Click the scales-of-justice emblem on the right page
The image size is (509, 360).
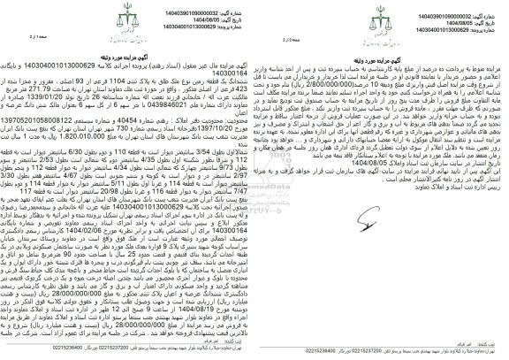click(382, 24)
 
